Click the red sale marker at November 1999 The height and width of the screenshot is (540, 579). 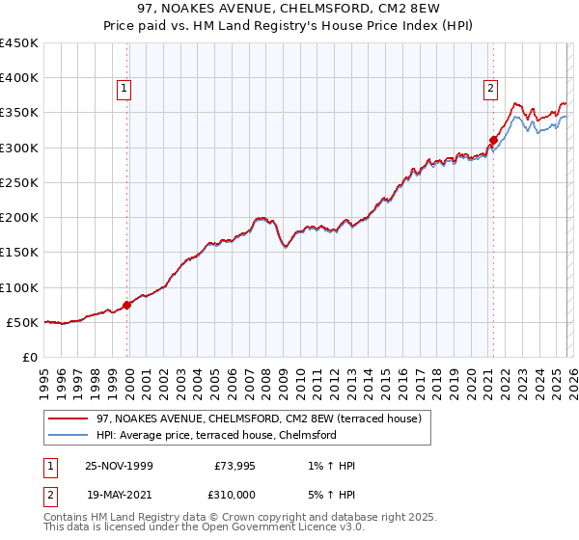click(x=126, y=306)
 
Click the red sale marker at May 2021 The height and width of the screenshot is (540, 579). click(x=493, y=140)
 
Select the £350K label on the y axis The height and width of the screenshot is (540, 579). click(x=19, y=113)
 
